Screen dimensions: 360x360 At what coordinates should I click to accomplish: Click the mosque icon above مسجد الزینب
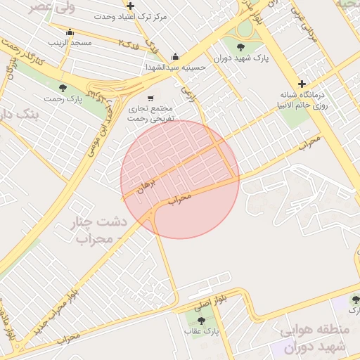69,32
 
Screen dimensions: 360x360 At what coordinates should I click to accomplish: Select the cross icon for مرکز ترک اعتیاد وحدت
130,6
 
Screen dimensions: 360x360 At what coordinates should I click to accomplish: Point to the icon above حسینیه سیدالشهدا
175,57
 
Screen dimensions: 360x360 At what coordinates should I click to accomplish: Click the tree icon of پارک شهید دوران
241,47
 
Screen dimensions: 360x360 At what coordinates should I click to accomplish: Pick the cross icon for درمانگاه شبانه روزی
302,84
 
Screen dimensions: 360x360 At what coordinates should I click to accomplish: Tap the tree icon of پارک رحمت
63,88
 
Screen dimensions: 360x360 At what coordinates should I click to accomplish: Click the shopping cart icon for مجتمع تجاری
150,98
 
